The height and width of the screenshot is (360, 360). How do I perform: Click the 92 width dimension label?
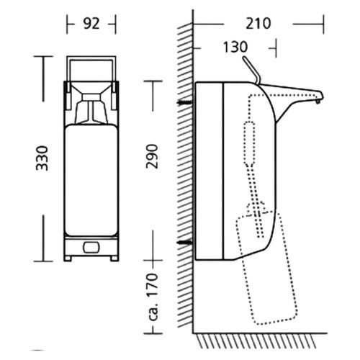pos(91,24)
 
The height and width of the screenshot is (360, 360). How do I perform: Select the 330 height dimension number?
pos(42,158)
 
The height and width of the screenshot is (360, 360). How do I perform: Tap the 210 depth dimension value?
pos(258,24)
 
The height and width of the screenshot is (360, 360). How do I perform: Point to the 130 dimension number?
pos(235,47)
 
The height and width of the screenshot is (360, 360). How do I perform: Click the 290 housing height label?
pos(153,156)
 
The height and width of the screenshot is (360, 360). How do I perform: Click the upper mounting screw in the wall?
pos(184,102)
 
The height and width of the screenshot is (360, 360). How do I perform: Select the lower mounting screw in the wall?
pos(185,243)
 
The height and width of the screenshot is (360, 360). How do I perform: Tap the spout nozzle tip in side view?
pos(318,102)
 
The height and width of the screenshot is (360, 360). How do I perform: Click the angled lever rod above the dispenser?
pos(251,70)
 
